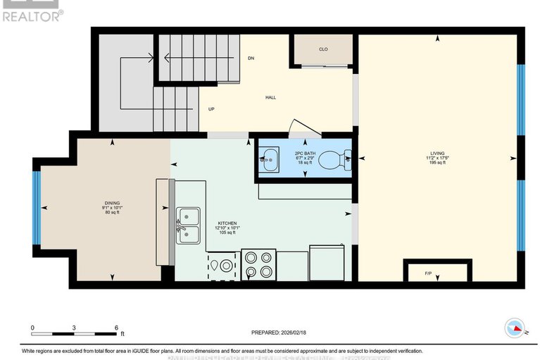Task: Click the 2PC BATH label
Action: pyautogui.click(x=304, y=151)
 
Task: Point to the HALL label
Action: pyautogui.click(x=270, y=98)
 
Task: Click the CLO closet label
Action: pyautogui.click(x=323, y=49)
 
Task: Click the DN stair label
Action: pyautogui.click(x=250, y=58)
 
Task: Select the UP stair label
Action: pyautogui.click(x=211, y=109)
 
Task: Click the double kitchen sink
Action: pyautogui.click(x=188, y=226)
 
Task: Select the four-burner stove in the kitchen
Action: pyautogui.click(x=258, y=266)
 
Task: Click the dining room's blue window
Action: pyautogui.click(x=37, y=208)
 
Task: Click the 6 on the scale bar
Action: pyautogui.click(x=117, y=328)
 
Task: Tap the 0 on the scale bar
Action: pyautogui.click(x=32, y=328)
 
